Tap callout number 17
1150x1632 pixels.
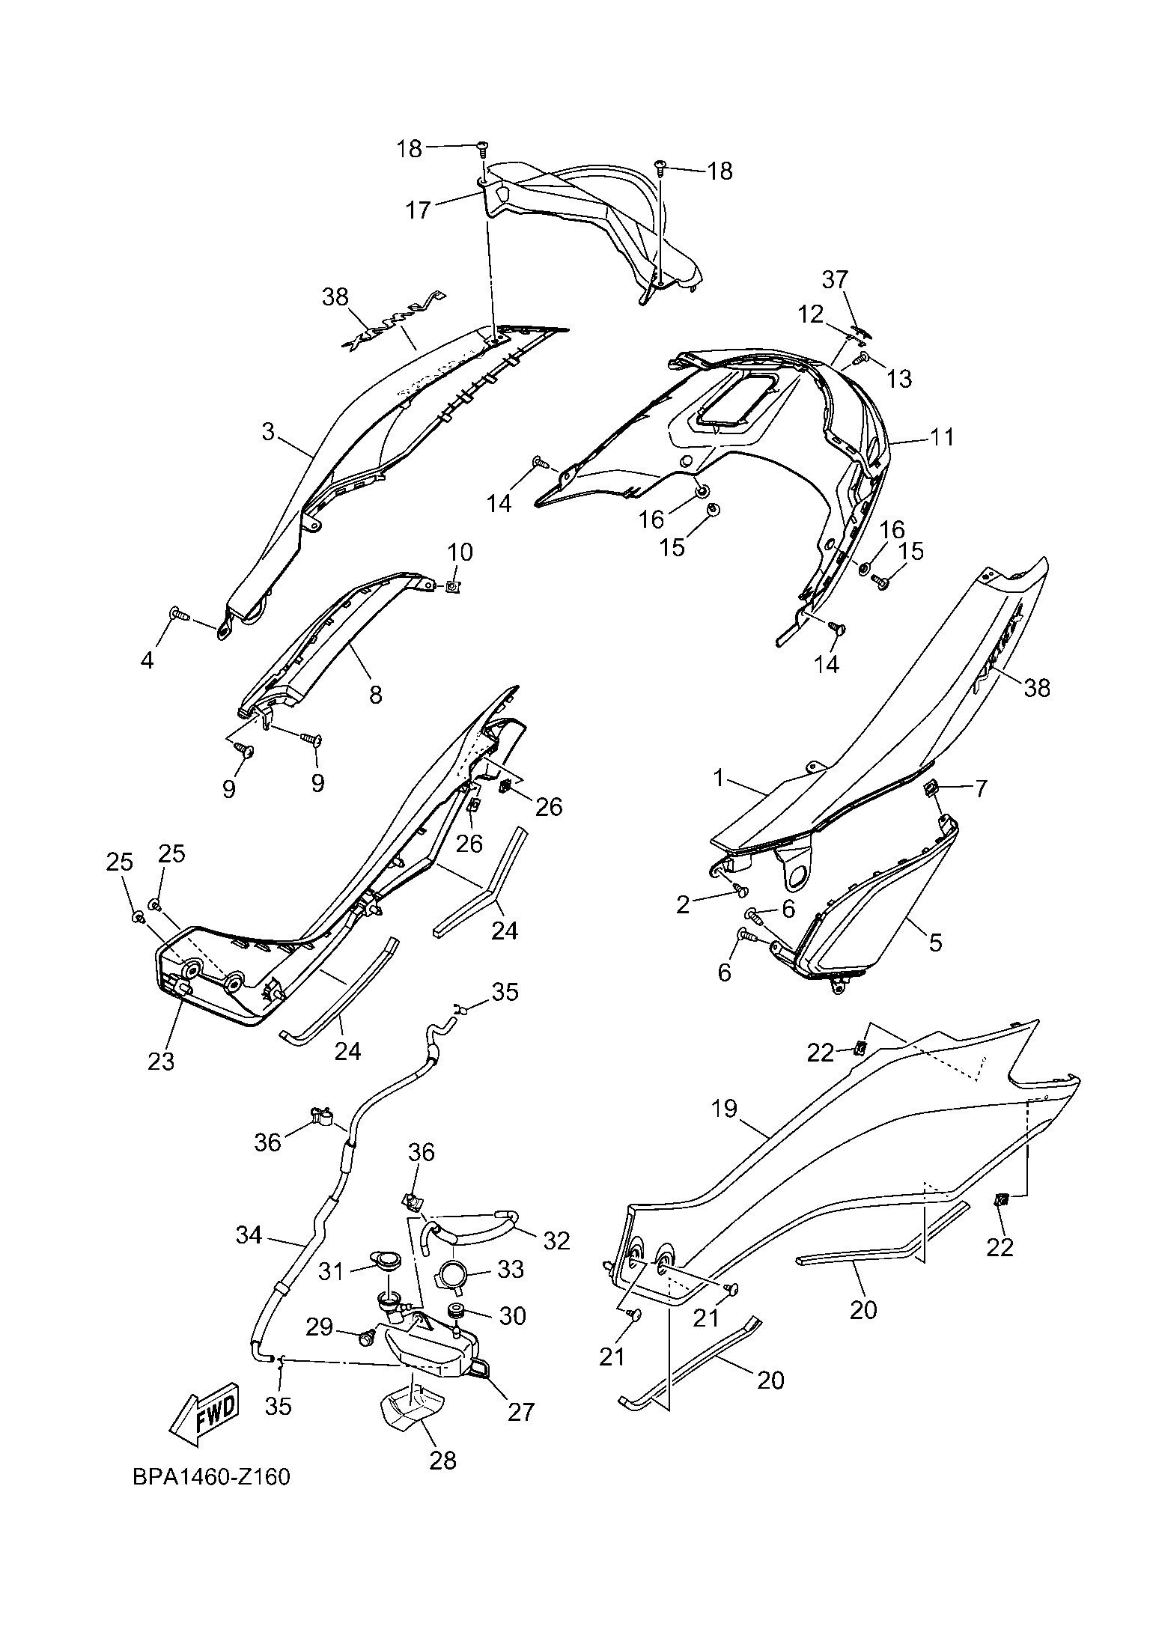pyautogui.click(x=419, y=210)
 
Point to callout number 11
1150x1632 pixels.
pyautogui.click(x=942, y=436)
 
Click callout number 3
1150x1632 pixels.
pyautogui.click(x=269, y=431)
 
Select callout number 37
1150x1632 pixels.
pyautogui.click(x=836, y=281)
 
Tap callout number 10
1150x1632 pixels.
pyautogui.click(x=460, y=553)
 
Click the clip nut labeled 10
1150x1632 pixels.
pyautogui.click(x=452, y=587)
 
